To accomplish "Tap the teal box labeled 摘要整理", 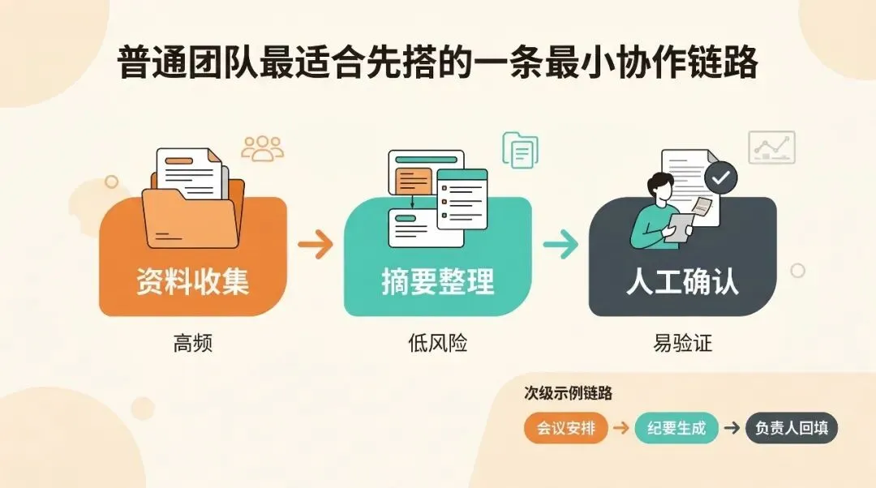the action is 437,280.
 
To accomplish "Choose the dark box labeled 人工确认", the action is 682,280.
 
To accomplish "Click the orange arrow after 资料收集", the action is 316,243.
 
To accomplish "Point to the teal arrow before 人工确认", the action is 560,244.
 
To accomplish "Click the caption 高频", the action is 192,344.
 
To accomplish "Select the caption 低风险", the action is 437,344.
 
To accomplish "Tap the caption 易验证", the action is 682,344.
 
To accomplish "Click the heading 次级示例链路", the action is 568,394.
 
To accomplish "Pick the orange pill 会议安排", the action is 565,428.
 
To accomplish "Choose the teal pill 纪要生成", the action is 676,428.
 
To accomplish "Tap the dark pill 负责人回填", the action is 791,428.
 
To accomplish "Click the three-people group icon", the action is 263,148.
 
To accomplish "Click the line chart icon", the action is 771,147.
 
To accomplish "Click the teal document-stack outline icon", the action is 520,150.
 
